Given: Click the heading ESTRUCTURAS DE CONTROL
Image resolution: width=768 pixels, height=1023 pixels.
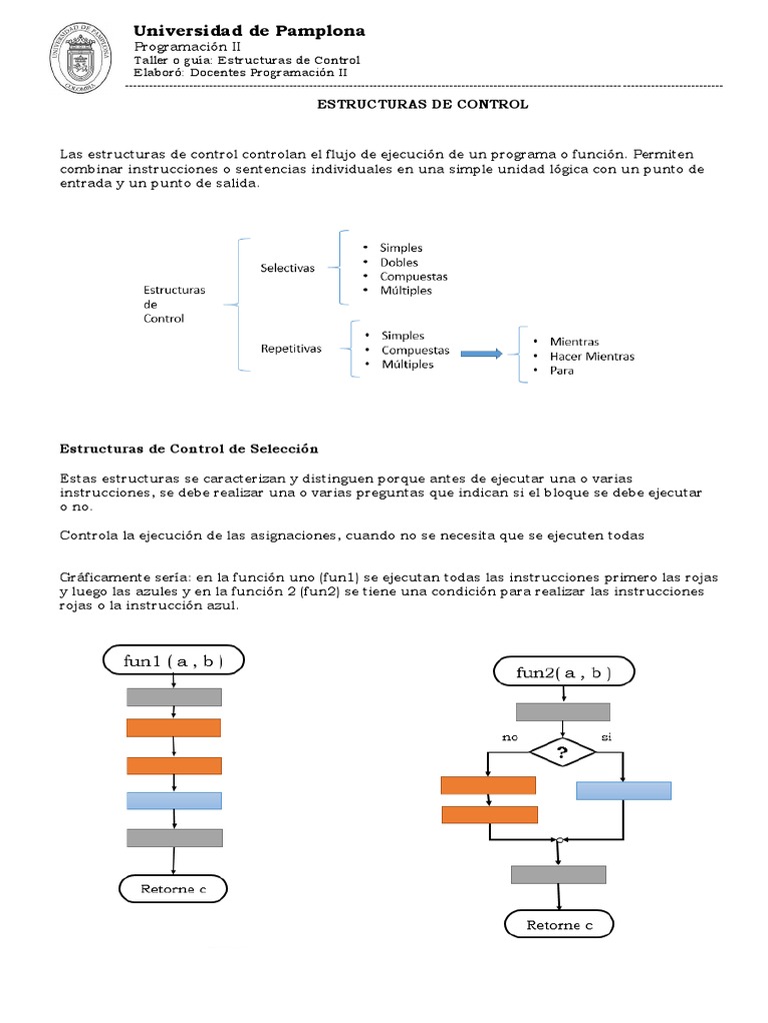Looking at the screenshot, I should (422, 104).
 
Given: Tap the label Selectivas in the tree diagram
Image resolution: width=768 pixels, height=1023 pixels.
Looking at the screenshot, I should (287, 268).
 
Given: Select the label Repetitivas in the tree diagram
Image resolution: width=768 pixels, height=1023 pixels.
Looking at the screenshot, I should (291, 349).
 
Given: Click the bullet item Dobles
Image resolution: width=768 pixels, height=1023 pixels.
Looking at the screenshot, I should (398, 262).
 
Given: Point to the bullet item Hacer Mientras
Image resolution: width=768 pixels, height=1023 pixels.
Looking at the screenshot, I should (591, 356).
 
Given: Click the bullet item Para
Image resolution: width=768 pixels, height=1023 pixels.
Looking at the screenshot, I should (561, 370).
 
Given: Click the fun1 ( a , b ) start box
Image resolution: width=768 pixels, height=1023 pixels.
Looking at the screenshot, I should (174, 660).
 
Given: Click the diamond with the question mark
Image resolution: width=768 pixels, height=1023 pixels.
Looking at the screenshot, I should (561, 752).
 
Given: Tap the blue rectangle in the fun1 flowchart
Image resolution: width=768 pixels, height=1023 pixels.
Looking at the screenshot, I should (174, 800).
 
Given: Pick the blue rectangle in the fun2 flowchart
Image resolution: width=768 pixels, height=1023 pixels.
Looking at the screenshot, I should (623, 790).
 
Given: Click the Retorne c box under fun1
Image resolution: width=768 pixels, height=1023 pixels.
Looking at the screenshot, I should (173, 887).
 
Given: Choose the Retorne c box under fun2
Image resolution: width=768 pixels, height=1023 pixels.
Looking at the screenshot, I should (560, 925).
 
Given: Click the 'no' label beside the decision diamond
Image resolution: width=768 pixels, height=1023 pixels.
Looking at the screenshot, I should (509, 737).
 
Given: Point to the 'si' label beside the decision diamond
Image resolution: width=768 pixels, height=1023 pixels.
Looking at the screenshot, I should (606, 737).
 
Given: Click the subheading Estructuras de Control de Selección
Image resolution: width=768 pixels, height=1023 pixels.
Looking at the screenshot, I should (189, 449).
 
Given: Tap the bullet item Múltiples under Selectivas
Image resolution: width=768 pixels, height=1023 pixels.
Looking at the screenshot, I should (405, 291).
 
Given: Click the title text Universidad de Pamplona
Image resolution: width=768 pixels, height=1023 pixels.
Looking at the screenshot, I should (249, 31).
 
